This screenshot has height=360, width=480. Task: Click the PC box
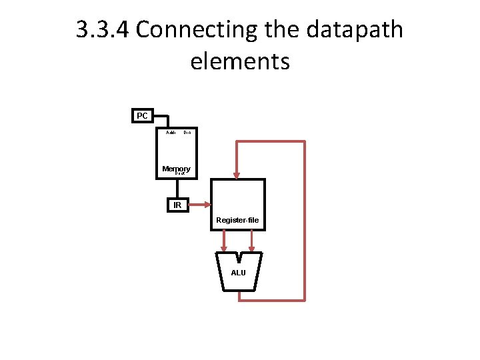pos(142,116)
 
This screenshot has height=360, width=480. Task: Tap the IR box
pos(177,205)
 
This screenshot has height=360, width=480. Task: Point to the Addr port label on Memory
pos(171,133)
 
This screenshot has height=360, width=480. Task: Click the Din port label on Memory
pos(187,133)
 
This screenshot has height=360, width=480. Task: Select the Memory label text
pos(176,169)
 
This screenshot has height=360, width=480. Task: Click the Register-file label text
pos(237,220)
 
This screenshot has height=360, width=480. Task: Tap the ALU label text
pos(238,273)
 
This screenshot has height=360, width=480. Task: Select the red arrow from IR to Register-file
pos(200,205)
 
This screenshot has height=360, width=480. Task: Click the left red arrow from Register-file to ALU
pos(225,241)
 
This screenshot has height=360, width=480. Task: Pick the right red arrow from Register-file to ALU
pos(252,241)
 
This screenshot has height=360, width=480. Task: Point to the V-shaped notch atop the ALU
pos(239,256)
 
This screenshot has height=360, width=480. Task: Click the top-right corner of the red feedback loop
pos(304,142)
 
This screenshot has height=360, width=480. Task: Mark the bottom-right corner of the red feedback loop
pos(304,299)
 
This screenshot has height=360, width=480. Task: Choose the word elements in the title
pos(239,61)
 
